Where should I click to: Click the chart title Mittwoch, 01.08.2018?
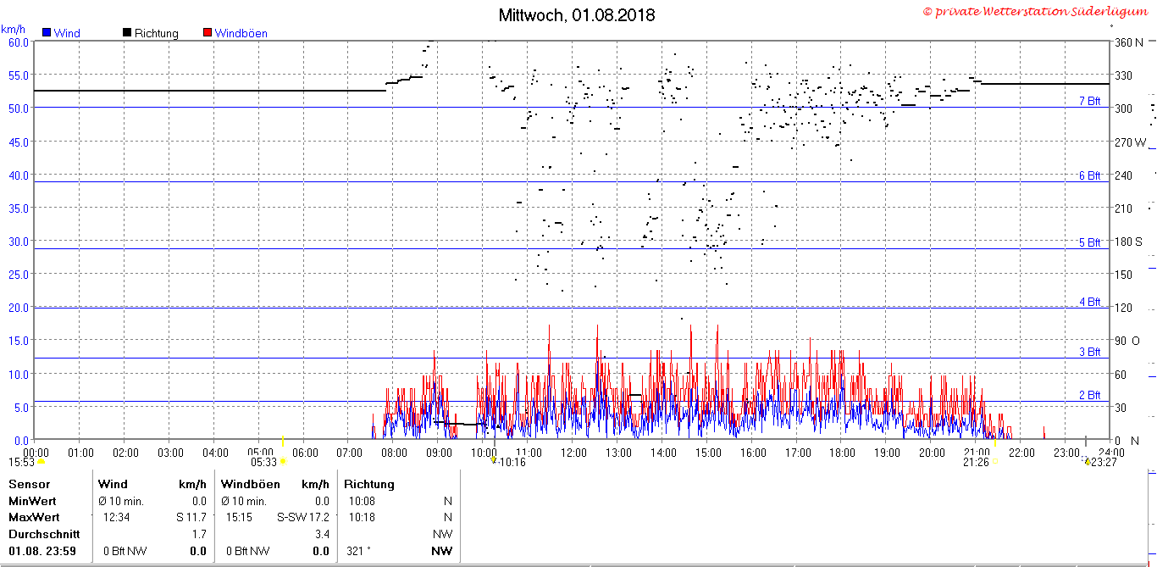click(577, 15)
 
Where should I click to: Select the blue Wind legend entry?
click(62, 33)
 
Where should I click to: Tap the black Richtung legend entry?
click(150, 33)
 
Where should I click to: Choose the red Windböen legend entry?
click(235, 33)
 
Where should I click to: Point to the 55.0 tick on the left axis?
click(19, 75)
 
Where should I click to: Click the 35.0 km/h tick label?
click(19, 208)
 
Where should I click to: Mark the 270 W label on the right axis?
click(1130, 142)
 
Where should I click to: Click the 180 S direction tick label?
click(1128, 242)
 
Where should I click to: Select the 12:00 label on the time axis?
click(574, 453)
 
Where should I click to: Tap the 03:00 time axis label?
click(170, 453)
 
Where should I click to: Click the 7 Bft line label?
click(1089, 101)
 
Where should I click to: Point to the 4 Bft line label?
click(1089, 302)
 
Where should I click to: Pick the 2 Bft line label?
click(1089, 395)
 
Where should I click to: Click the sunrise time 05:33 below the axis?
click(264, 462)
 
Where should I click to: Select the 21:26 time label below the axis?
click(976, 462)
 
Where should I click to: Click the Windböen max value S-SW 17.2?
click(303, 517)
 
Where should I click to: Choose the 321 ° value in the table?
click(358, 551)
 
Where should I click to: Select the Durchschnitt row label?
click(44, 534)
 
